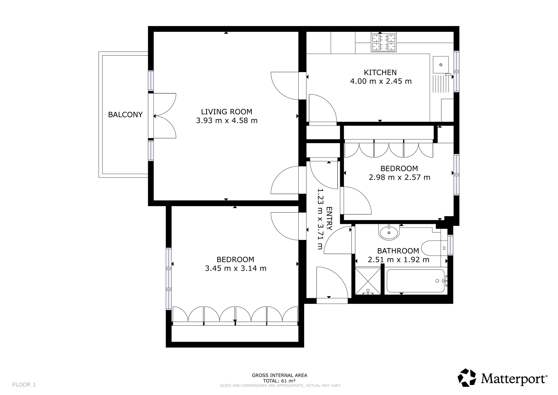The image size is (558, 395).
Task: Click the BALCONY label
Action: [x=125, y=115]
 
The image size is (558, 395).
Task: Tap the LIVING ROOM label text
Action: [x=227, y=112]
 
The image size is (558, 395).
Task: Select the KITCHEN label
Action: [x=380, y=72]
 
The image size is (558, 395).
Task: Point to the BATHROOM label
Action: [x=398, y=251]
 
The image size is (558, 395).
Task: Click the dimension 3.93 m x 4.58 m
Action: [x=227, y=121]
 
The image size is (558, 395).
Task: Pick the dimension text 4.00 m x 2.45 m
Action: [x=381, y=81]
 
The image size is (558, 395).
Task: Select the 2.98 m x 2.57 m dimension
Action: [x=400, y=177]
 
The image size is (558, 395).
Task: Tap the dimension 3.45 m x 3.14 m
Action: [x=236, y=268]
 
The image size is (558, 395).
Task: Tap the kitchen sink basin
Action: [x=441, y=65]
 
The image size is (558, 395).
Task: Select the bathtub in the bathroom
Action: [x=415, y=281]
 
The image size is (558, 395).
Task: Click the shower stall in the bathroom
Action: [x=368, y=281]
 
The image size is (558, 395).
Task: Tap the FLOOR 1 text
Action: [x=24, y=385]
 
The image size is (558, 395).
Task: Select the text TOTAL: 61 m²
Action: [x=279, y=380]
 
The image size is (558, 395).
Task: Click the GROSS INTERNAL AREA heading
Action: [x=280, y=375]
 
